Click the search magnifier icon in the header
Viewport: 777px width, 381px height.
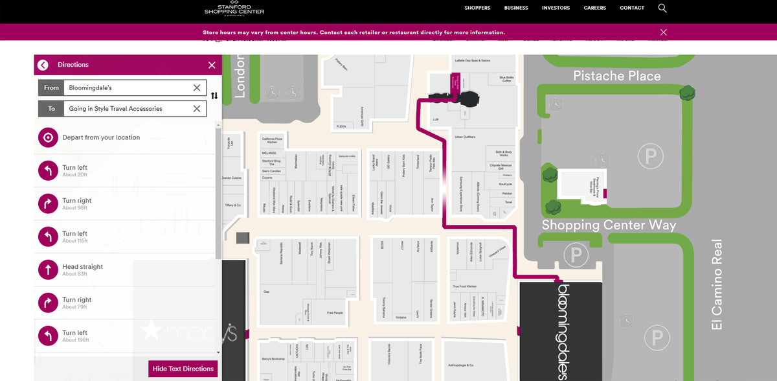tap(662, 8)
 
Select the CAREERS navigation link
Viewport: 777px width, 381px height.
tap(594, 8)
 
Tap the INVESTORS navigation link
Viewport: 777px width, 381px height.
tap(556, 8)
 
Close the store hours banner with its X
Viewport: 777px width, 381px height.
tap(663, 32)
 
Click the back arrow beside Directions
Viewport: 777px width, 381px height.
tap(43, 65)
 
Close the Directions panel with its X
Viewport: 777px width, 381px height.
tap(212, 65)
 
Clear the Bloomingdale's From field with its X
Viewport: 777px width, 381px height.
tap(197, 87)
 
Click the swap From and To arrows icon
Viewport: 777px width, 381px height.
tap(214, 96)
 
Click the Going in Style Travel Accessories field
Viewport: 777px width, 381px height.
tap(129, 109)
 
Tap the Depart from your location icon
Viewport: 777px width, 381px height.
tap(48, 137)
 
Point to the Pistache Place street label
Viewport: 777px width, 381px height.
tap(616, 76)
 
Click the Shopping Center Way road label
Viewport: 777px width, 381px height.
tap(609, 225)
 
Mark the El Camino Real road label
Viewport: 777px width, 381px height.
tap(717, 285)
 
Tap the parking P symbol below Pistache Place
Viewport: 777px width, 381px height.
tap(650, 156)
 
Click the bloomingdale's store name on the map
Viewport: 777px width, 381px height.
tap(563, 330)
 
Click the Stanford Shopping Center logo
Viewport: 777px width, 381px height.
tap(234, 8)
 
